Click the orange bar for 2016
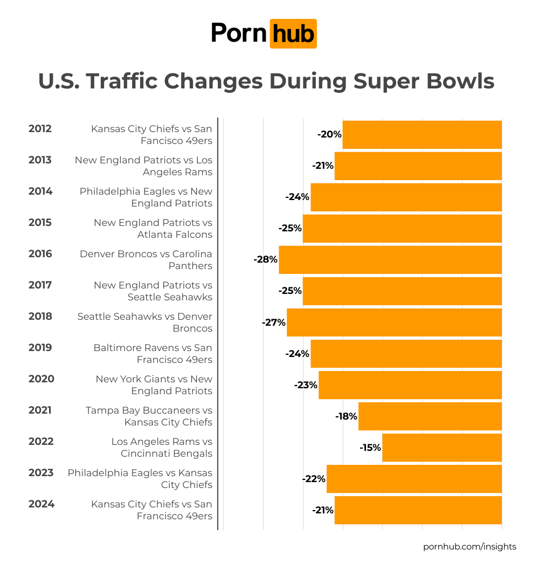point(390,260)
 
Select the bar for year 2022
point(442,448)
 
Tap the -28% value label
point(266,260)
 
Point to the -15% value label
point(370,448)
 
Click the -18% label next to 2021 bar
point(346,416)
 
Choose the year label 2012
point(40,129)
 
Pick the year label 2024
point(42,504)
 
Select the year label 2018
point(40,317)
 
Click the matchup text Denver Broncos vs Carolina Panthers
point(146,260)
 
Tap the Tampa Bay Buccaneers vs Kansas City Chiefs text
point(149,416)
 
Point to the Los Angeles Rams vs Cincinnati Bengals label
point(162,448)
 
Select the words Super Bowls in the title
point(424,81)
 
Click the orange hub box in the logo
point(293,34)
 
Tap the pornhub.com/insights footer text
point(469,547)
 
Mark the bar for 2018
point(394,322)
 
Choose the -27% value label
point(274,322)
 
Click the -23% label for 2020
point(306,385)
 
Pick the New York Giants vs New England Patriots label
point(154,385)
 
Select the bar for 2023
point(414,479)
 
